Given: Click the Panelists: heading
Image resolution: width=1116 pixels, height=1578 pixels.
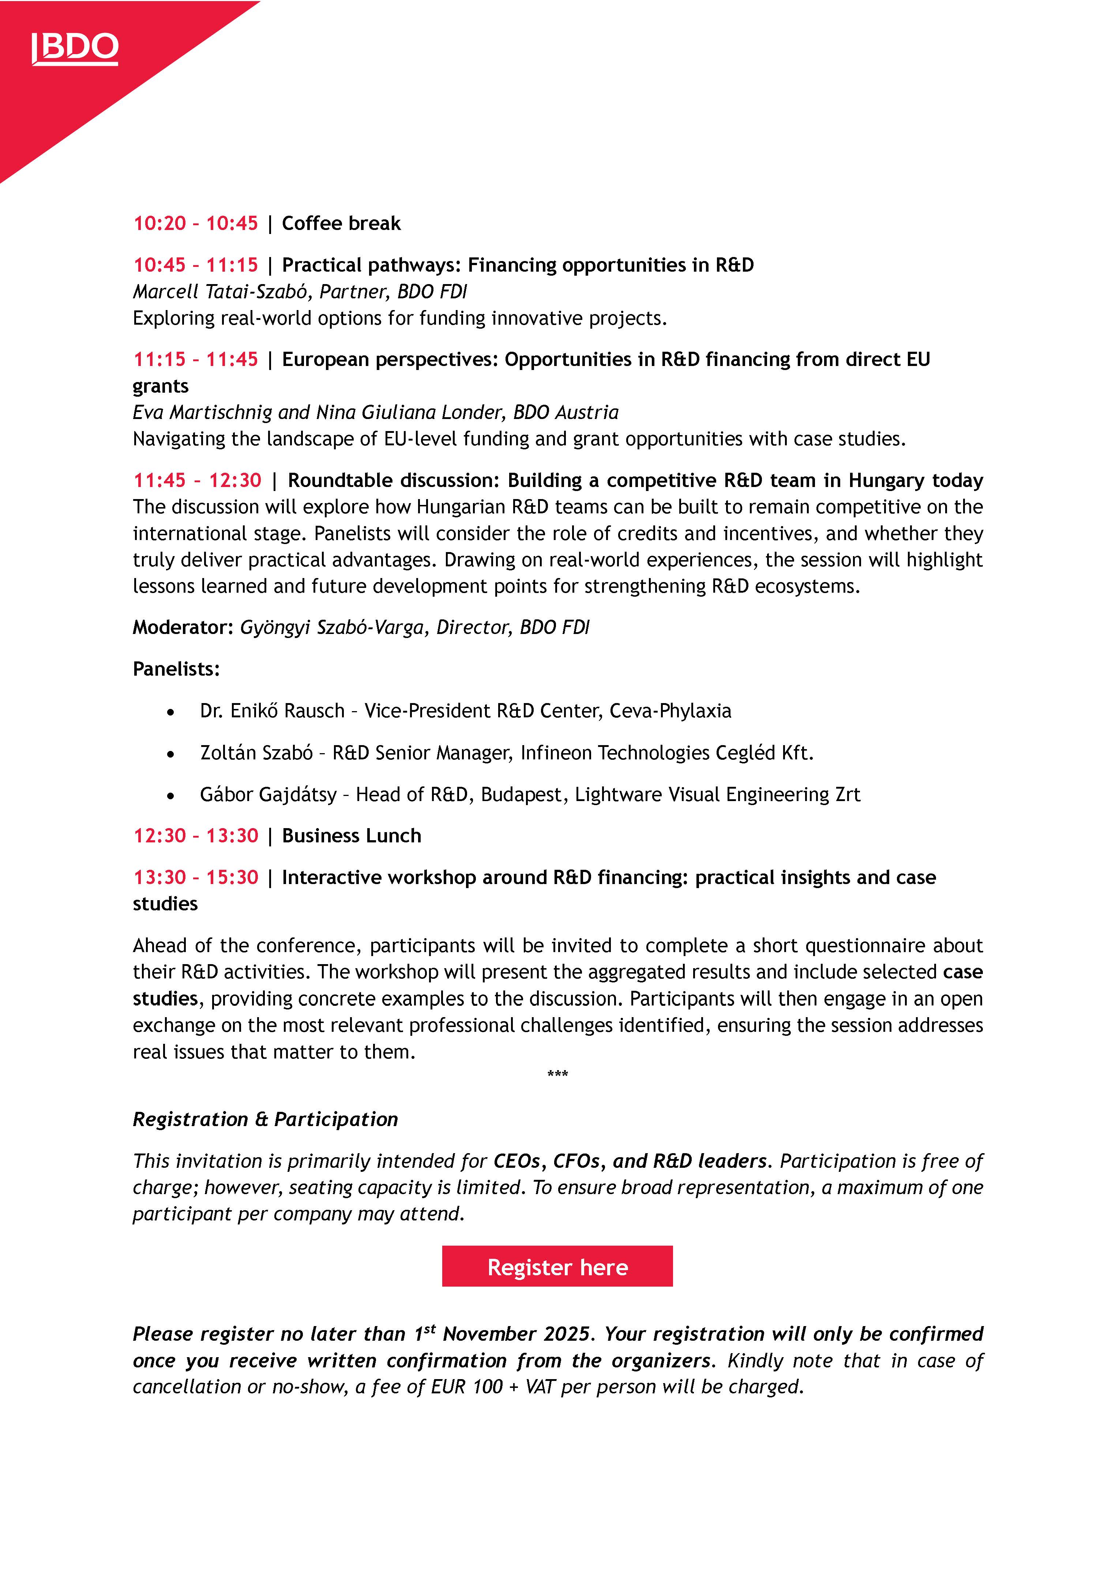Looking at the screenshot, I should [x=176, y=669].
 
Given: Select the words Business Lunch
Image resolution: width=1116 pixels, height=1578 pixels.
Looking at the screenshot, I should [x=352, y=836].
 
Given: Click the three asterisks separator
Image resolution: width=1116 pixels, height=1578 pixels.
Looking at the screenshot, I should [x=558, y=1073].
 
